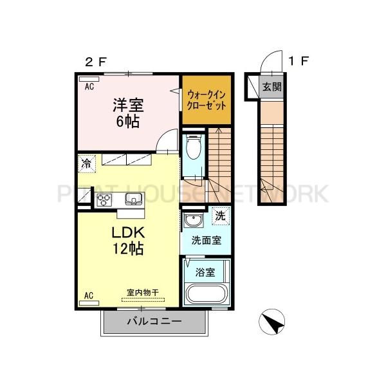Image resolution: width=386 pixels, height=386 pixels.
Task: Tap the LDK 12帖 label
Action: [x=128, y=240]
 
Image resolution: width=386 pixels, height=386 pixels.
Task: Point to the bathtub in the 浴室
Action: [x=206, y=295]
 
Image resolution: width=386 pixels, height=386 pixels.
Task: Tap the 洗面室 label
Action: [x=207, y=240]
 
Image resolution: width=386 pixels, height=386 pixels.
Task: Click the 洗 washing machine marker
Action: [x=220, y=216]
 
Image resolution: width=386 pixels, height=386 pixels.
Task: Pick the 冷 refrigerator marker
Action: [x=86, y=164]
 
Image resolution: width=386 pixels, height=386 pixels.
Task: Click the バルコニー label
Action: [x=154, y=321]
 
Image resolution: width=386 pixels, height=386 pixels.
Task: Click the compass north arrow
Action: [x=273, y=321]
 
